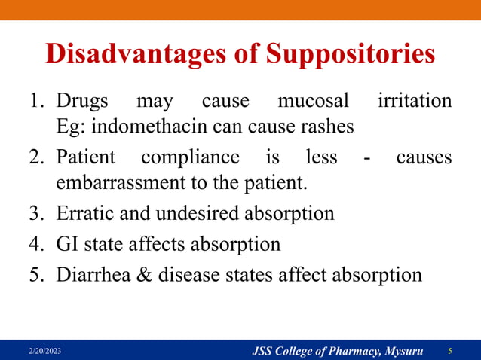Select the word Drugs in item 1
(x=83, y=101)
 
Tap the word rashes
(x=326, y=127)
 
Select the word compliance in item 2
(x=189, y=159)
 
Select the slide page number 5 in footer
(x=450, y=351)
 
